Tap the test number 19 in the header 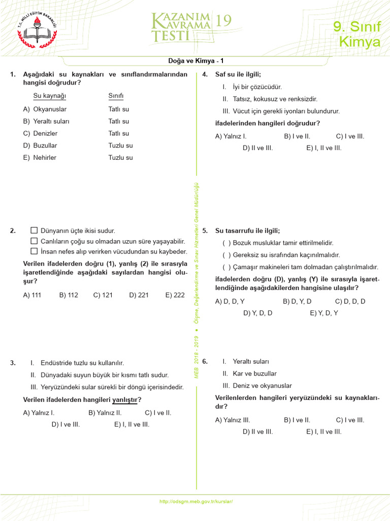(x=223, y=20)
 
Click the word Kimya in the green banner (x=360, y=42)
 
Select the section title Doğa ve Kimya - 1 (x=196, y=61)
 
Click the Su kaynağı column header (x=50, y=96)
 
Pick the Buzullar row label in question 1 (x=45, y=146)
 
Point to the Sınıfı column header (x=116, y=96)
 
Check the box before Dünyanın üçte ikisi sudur (x=34, y=230)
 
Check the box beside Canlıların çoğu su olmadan (x=34, y=241)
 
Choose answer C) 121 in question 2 (x=103, y=295)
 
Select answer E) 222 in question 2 (x=175, y=295)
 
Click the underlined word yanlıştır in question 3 (x=125, y=400)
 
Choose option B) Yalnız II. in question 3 (x=105, y=413)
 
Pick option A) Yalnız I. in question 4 (x=231, y=136)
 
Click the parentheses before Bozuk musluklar (x=226, y=243)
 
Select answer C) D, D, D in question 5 (x=350, y=301)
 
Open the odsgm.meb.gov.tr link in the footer (x=196, y=502)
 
